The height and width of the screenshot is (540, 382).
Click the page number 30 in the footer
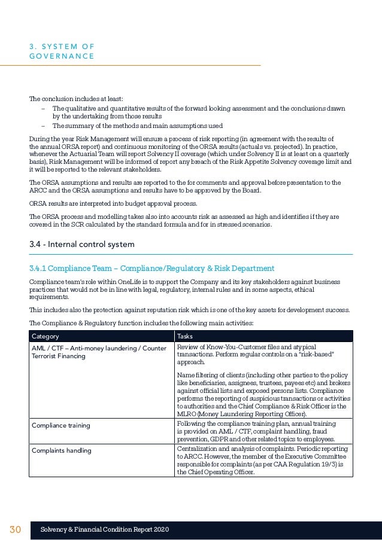pyautogui.click(x=15, y=530)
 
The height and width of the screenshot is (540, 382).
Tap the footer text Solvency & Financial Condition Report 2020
pyautogui.click(x=105, y=530)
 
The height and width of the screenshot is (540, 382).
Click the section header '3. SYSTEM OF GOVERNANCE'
pyautogui.click(x=62, y=51)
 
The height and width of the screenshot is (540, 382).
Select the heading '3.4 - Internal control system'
pyautogui.click(x=82, y=244)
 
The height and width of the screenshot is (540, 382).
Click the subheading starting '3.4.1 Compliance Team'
pyautogui.click(x=151, y=268)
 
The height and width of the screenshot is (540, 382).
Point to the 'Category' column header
pyautogui.click(x=46, y=336)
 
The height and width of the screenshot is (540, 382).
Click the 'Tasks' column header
pyautogui.click(x=185, y=336)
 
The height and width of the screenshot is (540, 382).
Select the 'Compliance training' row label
pyautogui.click(x=60, y=425)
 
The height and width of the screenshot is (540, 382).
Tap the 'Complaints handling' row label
pyautogui.click(x=61, y=450)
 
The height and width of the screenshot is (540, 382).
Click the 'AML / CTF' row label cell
pyautogui.click(x=99, y=352)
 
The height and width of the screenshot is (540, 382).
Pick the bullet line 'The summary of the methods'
pyautogui.click(x=137, y=126)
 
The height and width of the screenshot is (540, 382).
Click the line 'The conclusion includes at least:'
pyautogui.click(x=75, y=99)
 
